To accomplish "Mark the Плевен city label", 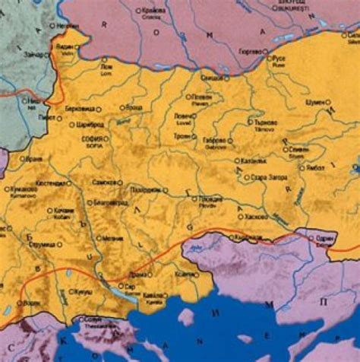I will (x=201, y=98).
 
